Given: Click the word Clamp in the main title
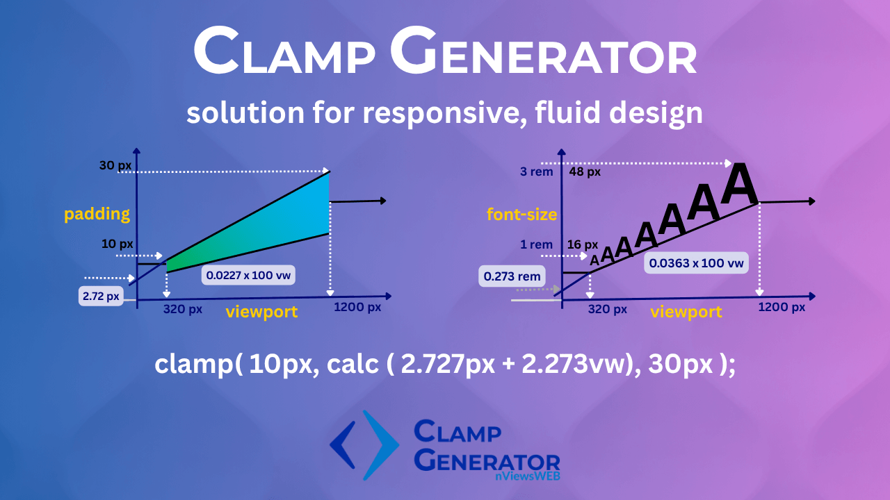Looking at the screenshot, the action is [284, 51].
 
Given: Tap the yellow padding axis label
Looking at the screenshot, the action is [97, 215].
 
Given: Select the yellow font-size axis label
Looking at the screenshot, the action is [521, 215].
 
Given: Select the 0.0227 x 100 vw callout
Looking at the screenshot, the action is [248, 275].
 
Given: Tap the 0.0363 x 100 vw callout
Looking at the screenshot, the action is [696, 262].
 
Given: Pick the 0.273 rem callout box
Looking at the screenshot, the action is [512, 276].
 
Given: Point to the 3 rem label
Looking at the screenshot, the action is [536, 172].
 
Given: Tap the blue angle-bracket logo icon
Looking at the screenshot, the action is [364, 445].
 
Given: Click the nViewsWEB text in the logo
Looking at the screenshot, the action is [527, 476].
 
